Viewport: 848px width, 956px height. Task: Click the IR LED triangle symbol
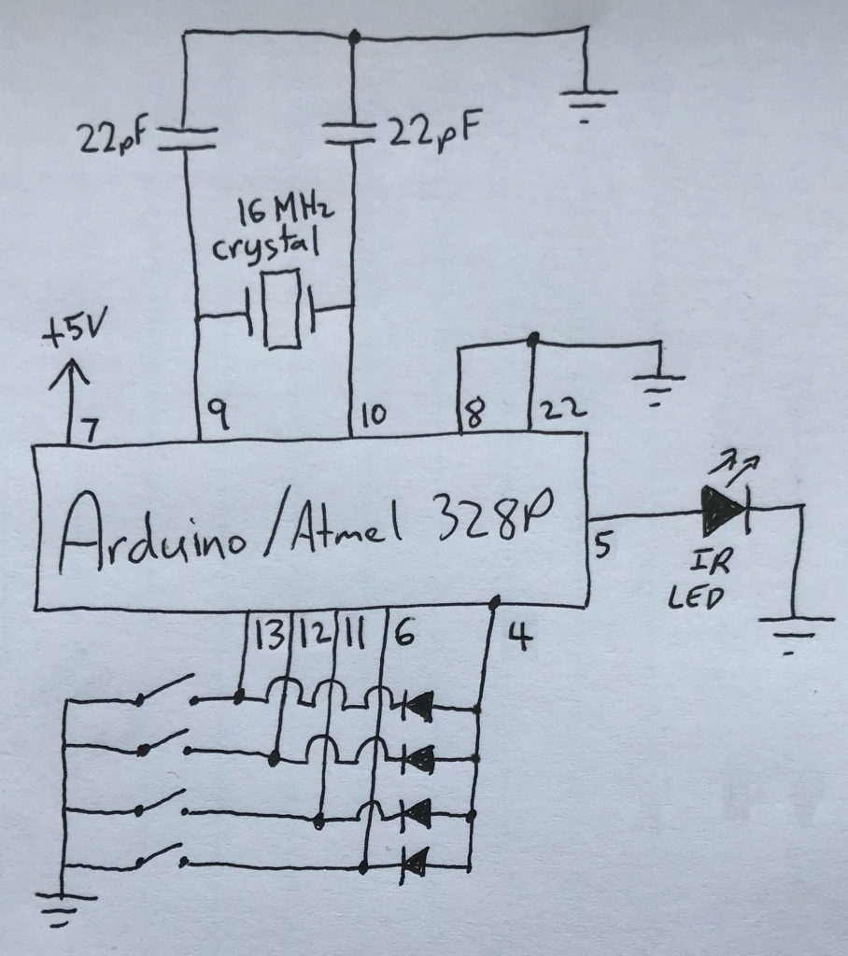coord(725,506)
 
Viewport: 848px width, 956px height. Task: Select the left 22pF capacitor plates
coord(183,137)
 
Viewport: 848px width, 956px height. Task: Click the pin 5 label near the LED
coord(602,544)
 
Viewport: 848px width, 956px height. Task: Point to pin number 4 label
coord(519,639)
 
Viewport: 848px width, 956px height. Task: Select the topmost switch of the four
coord(167,692)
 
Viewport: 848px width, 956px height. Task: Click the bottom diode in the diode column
coord(417,861)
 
